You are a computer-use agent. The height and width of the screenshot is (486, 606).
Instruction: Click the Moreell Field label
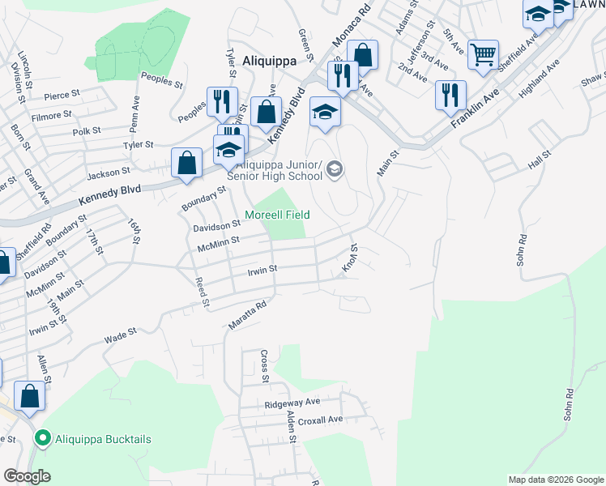(284, 215)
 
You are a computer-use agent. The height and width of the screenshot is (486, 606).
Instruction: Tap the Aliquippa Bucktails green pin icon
(44, 439)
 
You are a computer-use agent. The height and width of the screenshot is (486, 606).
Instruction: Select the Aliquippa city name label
(267, 60)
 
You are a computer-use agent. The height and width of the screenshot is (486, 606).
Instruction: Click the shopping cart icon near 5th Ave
(482, 56)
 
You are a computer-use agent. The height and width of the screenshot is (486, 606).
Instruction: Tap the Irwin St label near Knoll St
(262, 269)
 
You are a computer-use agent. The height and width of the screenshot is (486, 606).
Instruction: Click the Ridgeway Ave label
(292, 402)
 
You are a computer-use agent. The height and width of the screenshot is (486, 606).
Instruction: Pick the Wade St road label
(120, 338)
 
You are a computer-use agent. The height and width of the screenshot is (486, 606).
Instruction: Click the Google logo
(28, 476)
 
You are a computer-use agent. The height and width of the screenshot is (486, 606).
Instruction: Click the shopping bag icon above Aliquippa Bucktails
(30, 397)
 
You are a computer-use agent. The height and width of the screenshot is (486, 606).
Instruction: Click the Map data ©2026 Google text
(555, 480)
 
